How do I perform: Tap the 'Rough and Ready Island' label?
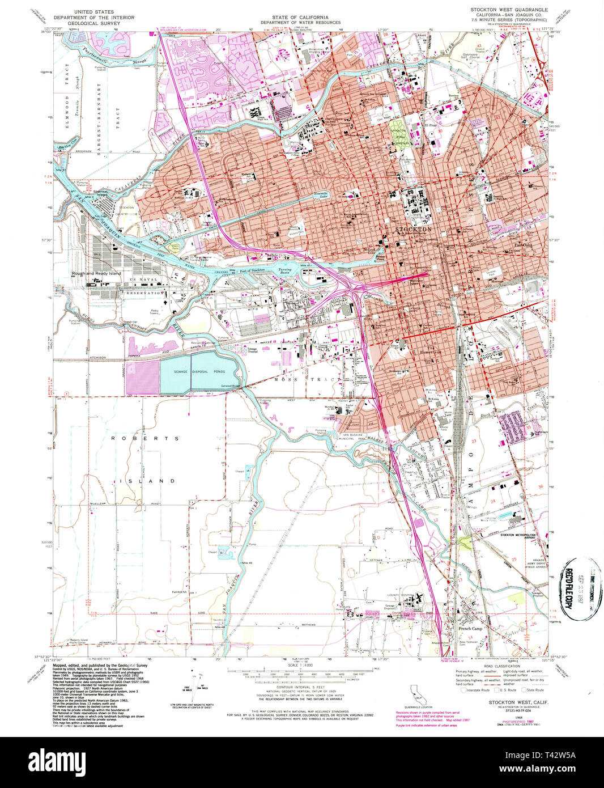[x=96, y=273]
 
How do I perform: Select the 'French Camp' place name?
[x=470, y=628]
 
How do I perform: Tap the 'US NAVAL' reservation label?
[x=142, y=281]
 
